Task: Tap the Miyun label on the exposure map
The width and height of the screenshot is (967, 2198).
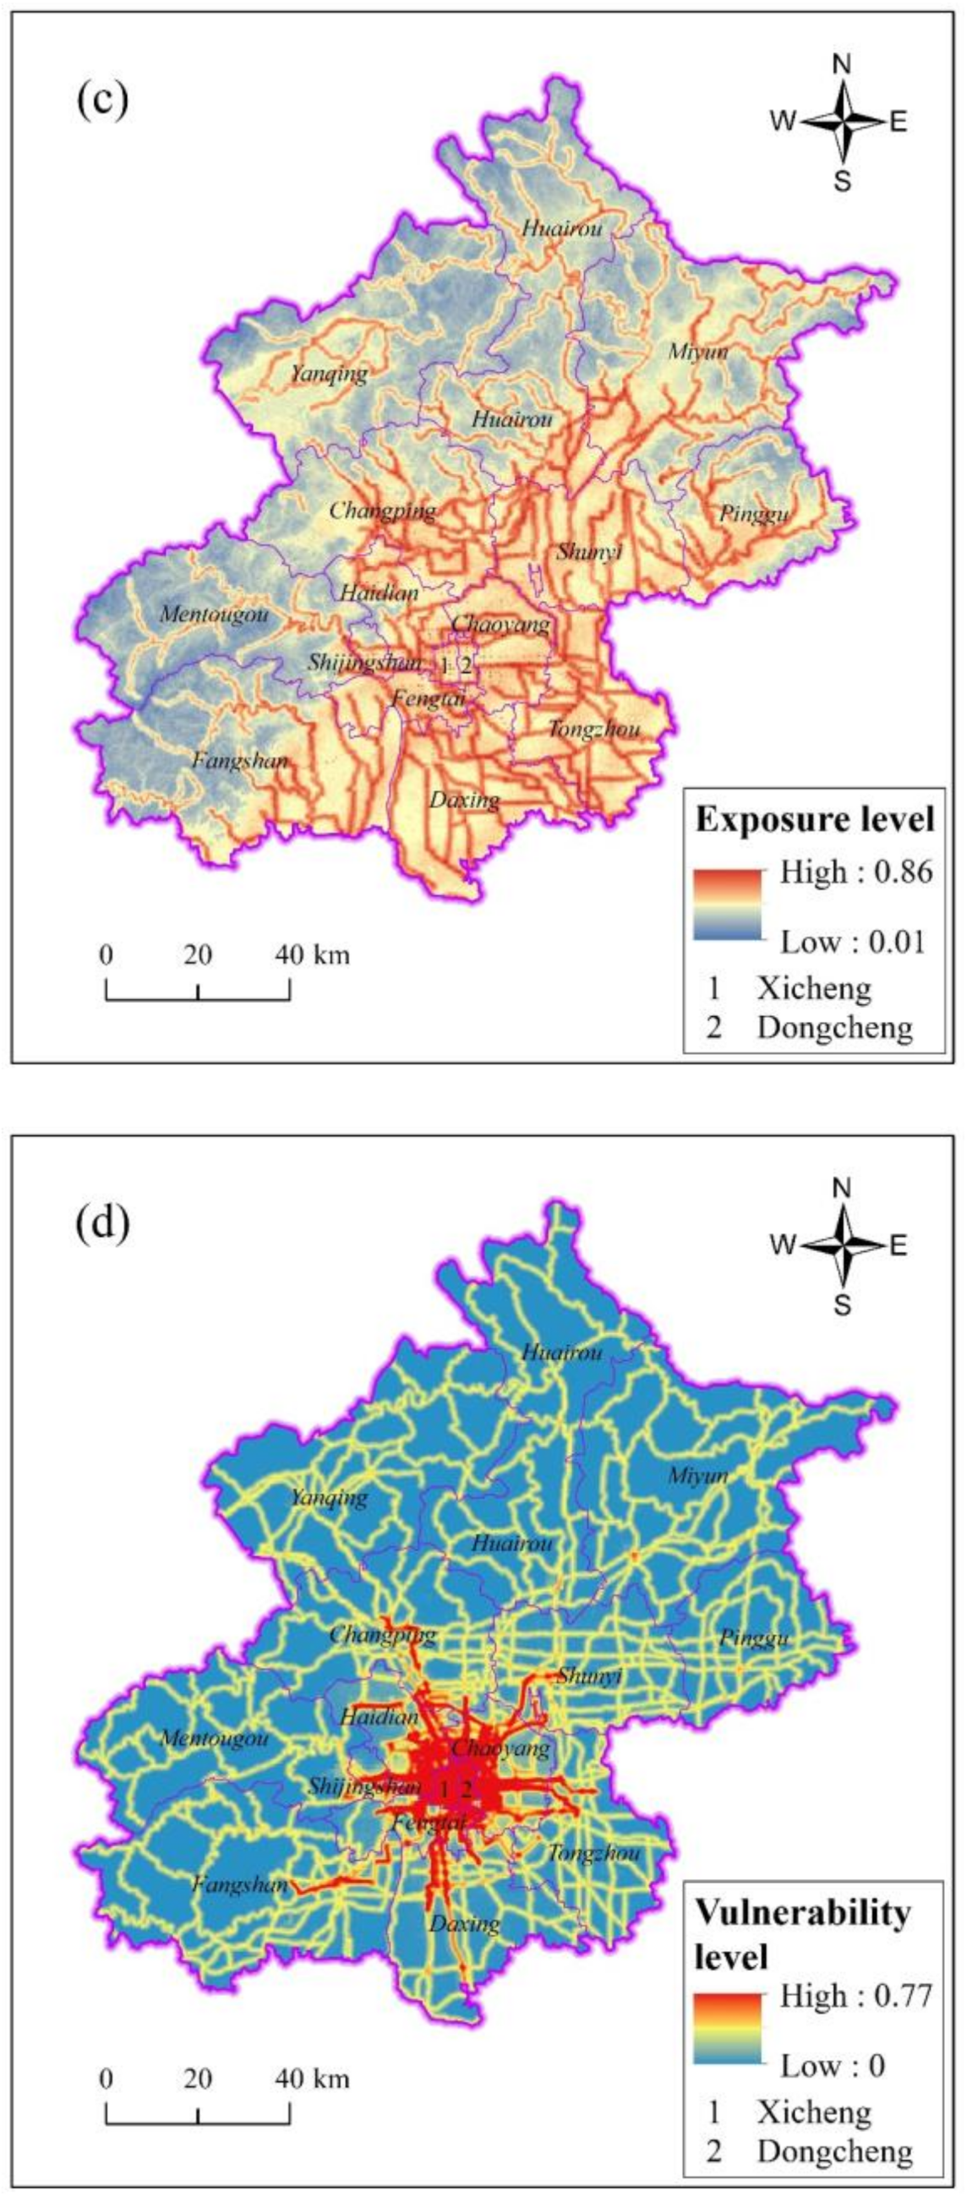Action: coord(697,352)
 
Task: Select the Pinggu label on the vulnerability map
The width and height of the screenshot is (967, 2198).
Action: coord(754,1638)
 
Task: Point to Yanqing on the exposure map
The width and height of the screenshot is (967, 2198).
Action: coord(329,373)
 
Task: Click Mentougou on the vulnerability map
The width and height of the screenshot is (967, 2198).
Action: coord(214,1738)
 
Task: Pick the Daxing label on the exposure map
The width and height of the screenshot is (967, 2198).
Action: coord(464,800)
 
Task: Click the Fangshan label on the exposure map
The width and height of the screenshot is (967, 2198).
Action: coord(240,759)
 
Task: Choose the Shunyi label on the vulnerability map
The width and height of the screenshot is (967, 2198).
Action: coord(589,1675)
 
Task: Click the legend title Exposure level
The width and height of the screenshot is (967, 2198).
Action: coord(814,819)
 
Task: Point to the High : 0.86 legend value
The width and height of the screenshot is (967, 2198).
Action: coord(856,872)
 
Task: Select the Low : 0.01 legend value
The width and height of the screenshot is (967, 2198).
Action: coord(853,942)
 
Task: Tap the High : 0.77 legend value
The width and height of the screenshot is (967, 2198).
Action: coord(856,1996)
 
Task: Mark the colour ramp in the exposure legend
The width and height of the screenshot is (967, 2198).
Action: coord(727,905)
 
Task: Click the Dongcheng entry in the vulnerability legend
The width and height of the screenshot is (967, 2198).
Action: coord(833,2151)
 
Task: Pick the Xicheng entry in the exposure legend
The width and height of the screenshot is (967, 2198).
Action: coord(813,988)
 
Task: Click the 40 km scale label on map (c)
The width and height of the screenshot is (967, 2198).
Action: coord(313,954)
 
